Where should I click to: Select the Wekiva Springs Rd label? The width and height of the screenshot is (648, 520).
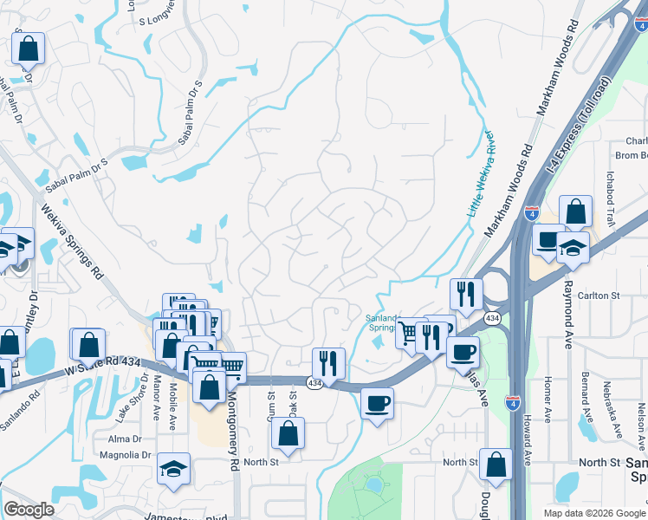coord(71,239)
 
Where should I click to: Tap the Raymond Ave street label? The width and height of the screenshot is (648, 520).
coord(568,313)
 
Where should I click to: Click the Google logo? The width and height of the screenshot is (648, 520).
coord(29,510)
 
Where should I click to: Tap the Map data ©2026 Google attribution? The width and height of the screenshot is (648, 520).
coord(594,512)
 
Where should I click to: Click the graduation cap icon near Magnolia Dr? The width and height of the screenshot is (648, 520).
coord(174,469)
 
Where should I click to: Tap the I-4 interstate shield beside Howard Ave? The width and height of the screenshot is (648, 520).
coord(513,401)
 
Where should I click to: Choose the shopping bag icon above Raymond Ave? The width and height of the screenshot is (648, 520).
coord(576,211)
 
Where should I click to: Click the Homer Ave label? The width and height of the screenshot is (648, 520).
coord(548,399)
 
